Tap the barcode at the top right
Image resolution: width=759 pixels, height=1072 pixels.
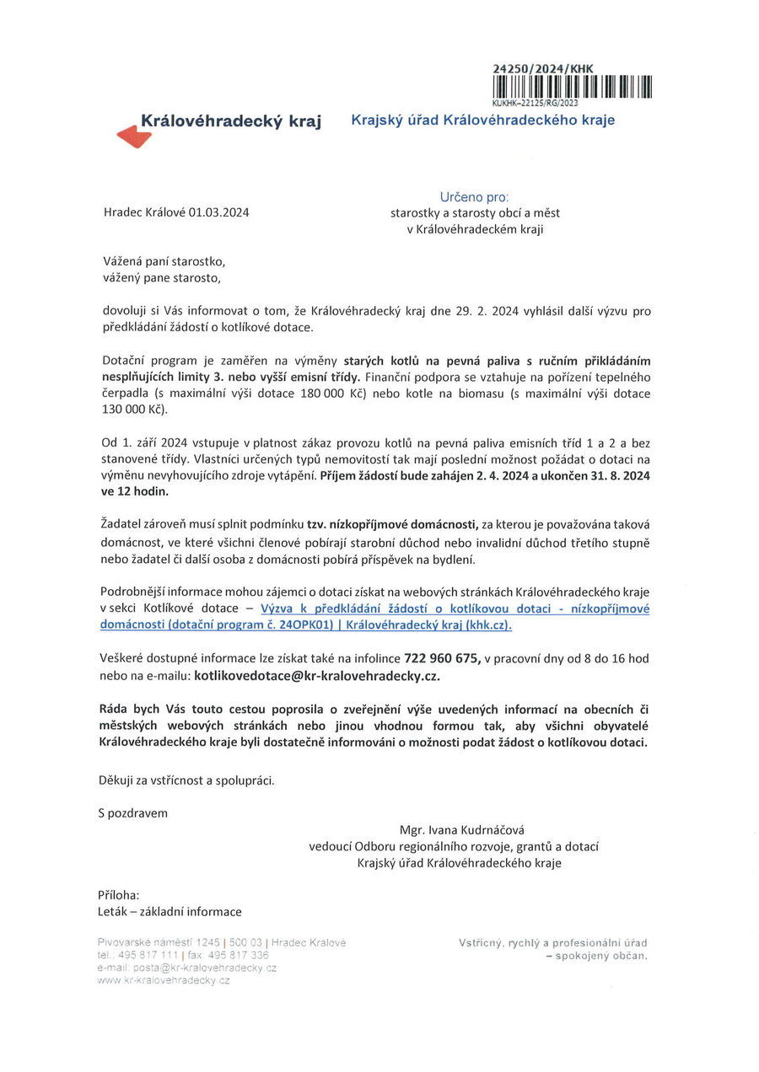572,87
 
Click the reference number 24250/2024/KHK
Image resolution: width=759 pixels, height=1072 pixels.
543,68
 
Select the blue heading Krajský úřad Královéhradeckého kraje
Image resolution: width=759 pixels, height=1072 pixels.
482,120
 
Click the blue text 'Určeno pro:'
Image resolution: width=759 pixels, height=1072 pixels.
474,196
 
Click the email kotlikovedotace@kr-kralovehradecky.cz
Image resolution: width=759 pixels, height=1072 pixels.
317,675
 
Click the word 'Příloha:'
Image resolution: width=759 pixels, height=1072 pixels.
119,895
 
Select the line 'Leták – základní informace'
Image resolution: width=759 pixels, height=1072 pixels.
170,911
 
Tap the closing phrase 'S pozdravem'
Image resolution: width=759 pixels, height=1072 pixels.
133,812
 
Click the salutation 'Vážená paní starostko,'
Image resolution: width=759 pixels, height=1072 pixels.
164,261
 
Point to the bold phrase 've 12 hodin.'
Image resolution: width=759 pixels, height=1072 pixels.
134,491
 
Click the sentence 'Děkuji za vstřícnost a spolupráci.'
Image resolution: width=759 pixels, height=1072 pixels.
186,780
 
